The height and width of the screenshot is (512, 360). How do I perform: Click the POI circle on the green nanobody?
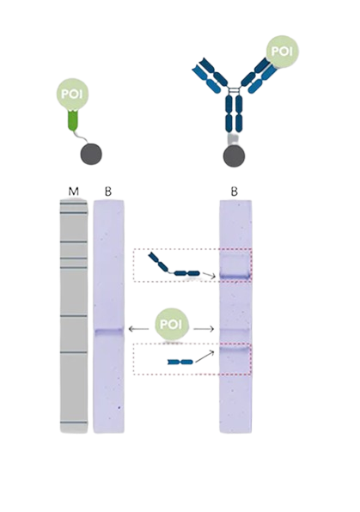[x=71, y=93]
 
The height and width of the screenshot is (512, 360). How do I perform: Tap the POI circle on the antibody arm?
[x=281, y=50]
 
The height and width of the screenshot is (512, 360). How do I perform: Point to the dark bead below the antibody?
[x=233, y=156]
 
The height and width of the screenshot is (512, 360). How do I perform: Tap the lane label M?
[x=73, y=191]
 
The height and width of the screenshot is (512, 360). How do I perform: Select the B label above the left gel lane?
[x=108, y=191]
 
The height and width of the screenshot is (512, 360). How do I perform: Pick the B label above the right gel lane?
[x=234, y=191]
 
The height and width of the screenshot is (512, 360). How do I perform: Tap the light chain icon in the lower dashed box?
[x=179, y=362]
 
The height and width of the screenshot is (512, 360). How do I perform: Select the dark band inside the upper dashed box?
[x=234, y=275]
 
